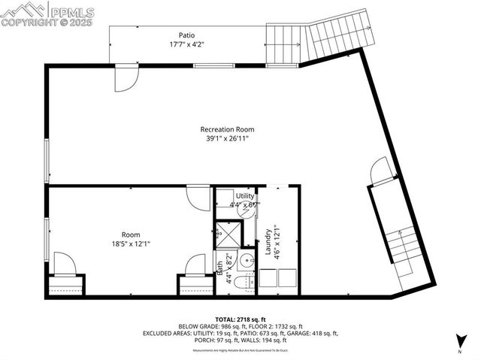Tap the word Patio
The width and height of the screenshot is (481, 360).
187,35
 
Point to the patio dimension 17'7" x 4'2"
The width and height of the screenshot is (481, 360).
187,44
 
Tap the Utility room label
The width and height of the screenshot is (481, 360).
245,195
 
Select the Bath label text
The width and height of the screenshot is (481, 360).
220,266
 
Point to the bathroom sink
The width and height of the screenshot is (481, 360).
246,262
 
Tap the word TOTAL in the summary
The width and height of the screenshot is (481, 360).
226,319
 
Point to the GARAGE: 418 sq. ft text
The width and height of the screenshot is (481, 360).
314,332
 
